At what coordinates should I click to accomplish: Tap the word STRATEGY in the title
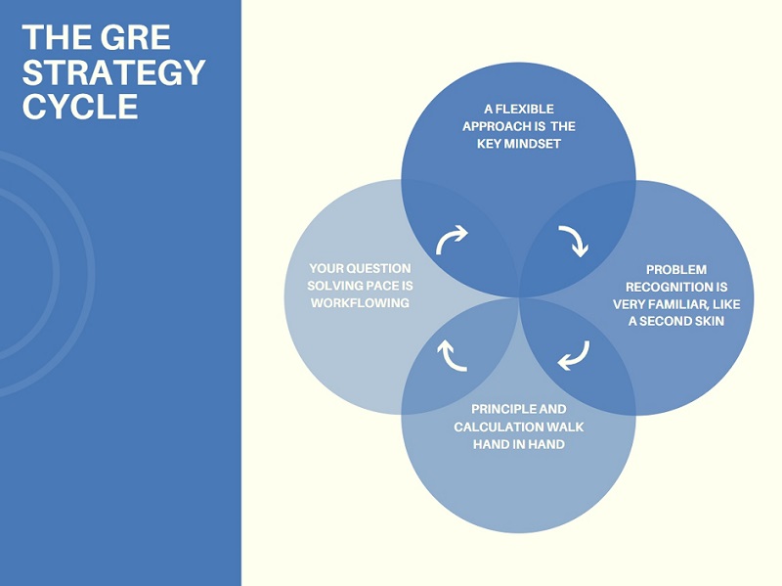click(113, 71)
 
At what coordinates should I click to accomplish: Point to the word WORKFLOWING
click(360, 303)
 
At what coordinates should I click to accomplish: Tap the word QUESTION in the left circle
click(377, 268)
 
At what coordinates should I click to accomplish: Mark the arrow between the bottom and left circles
click(452, 355)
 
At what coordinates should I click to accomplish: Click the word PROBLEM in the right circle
click(676, 269)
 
